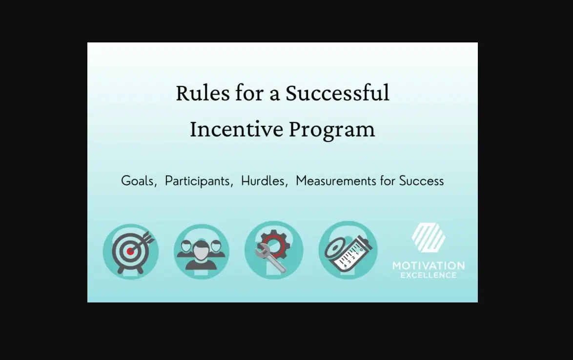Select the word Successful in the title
point(337,93)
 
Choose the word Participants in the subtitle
point(197,181)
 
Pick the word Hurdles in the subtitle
point(262,181)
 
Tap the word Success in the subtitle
point(421,181)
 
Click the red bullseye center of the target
point(130,251)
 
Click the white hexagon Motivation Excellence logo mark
point(428,238)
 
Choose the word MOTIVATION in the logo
point(428,266)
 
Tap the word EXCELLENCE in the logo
point(428,276)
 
